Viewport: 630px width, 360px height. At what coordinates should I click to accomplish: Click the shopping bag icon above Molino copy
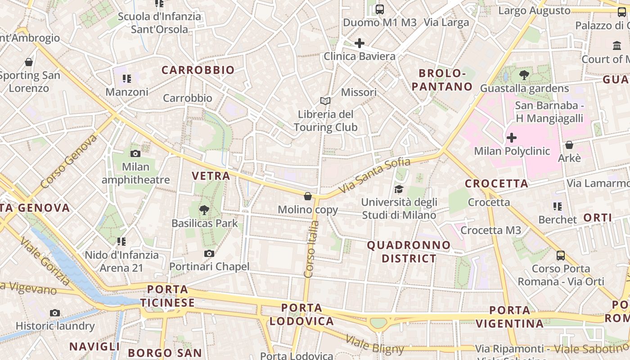point(308,196)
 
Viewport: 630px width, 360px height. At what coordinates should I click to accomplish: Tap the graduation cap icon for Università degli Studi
point(399,189)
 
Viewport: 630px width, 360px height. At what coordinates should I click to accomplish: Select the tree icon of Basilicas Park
point(204,210)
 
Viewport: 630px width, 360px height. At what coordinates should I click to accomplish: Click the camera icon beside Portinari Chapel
point(209,254)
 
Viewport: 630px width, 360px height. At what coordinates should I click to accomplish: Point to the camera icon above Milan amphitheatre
point(135,153)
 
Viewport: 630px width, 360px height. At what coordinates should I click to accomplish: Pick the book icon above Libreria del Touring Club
point(325,101)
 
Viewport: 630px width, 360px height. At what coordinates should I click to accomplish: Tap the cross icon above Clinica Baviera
point(359,43)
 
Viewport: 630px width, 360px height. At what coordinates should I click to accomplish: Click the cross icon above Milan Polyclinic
point(512,137)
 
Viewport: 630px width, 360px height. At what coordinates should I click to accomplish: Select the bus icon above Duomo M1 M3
point(380,9)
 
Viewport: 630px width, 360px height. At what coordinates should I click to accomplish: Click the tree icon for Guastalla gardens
point(524,75)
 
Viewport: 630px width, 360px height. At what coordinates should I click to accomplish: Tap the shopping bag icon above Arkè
point(569,145)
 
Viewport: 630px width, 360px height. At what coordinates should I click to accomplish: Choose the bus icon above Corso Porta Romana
point(561,256)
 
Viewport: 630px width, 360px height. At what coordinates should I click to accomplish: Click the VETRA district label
point(211,176)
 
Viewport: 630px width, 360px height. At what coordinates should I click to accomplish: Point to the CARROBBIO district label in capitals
point(198,70)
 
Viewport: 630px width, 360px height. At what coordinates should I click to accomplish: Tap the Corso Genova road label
point(68,161)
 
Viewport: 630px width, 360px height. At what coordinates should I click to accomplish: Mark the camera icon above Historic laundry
point(55,313)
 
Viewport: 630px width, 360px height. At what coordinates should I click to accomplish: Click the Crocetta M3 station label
point(490,230)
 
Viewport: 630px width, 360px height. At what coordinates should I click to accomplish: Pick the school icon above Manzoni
point(127,79)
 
